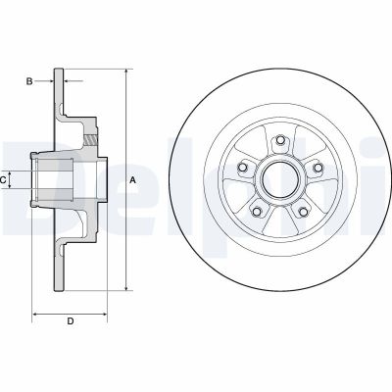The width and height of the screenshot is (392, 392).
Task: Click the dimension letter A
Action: pos(132,180)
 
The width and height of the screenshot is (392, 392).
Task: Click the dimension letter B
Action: pos(29,81)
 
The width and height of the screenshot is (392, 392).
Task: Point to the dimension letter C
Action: pos(6,179)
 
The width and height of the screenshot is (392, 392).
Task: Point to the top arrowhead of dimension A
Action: pos(125,72)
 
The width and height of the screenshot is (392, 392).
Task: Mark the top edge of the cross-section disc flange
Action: pos(60,70)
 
